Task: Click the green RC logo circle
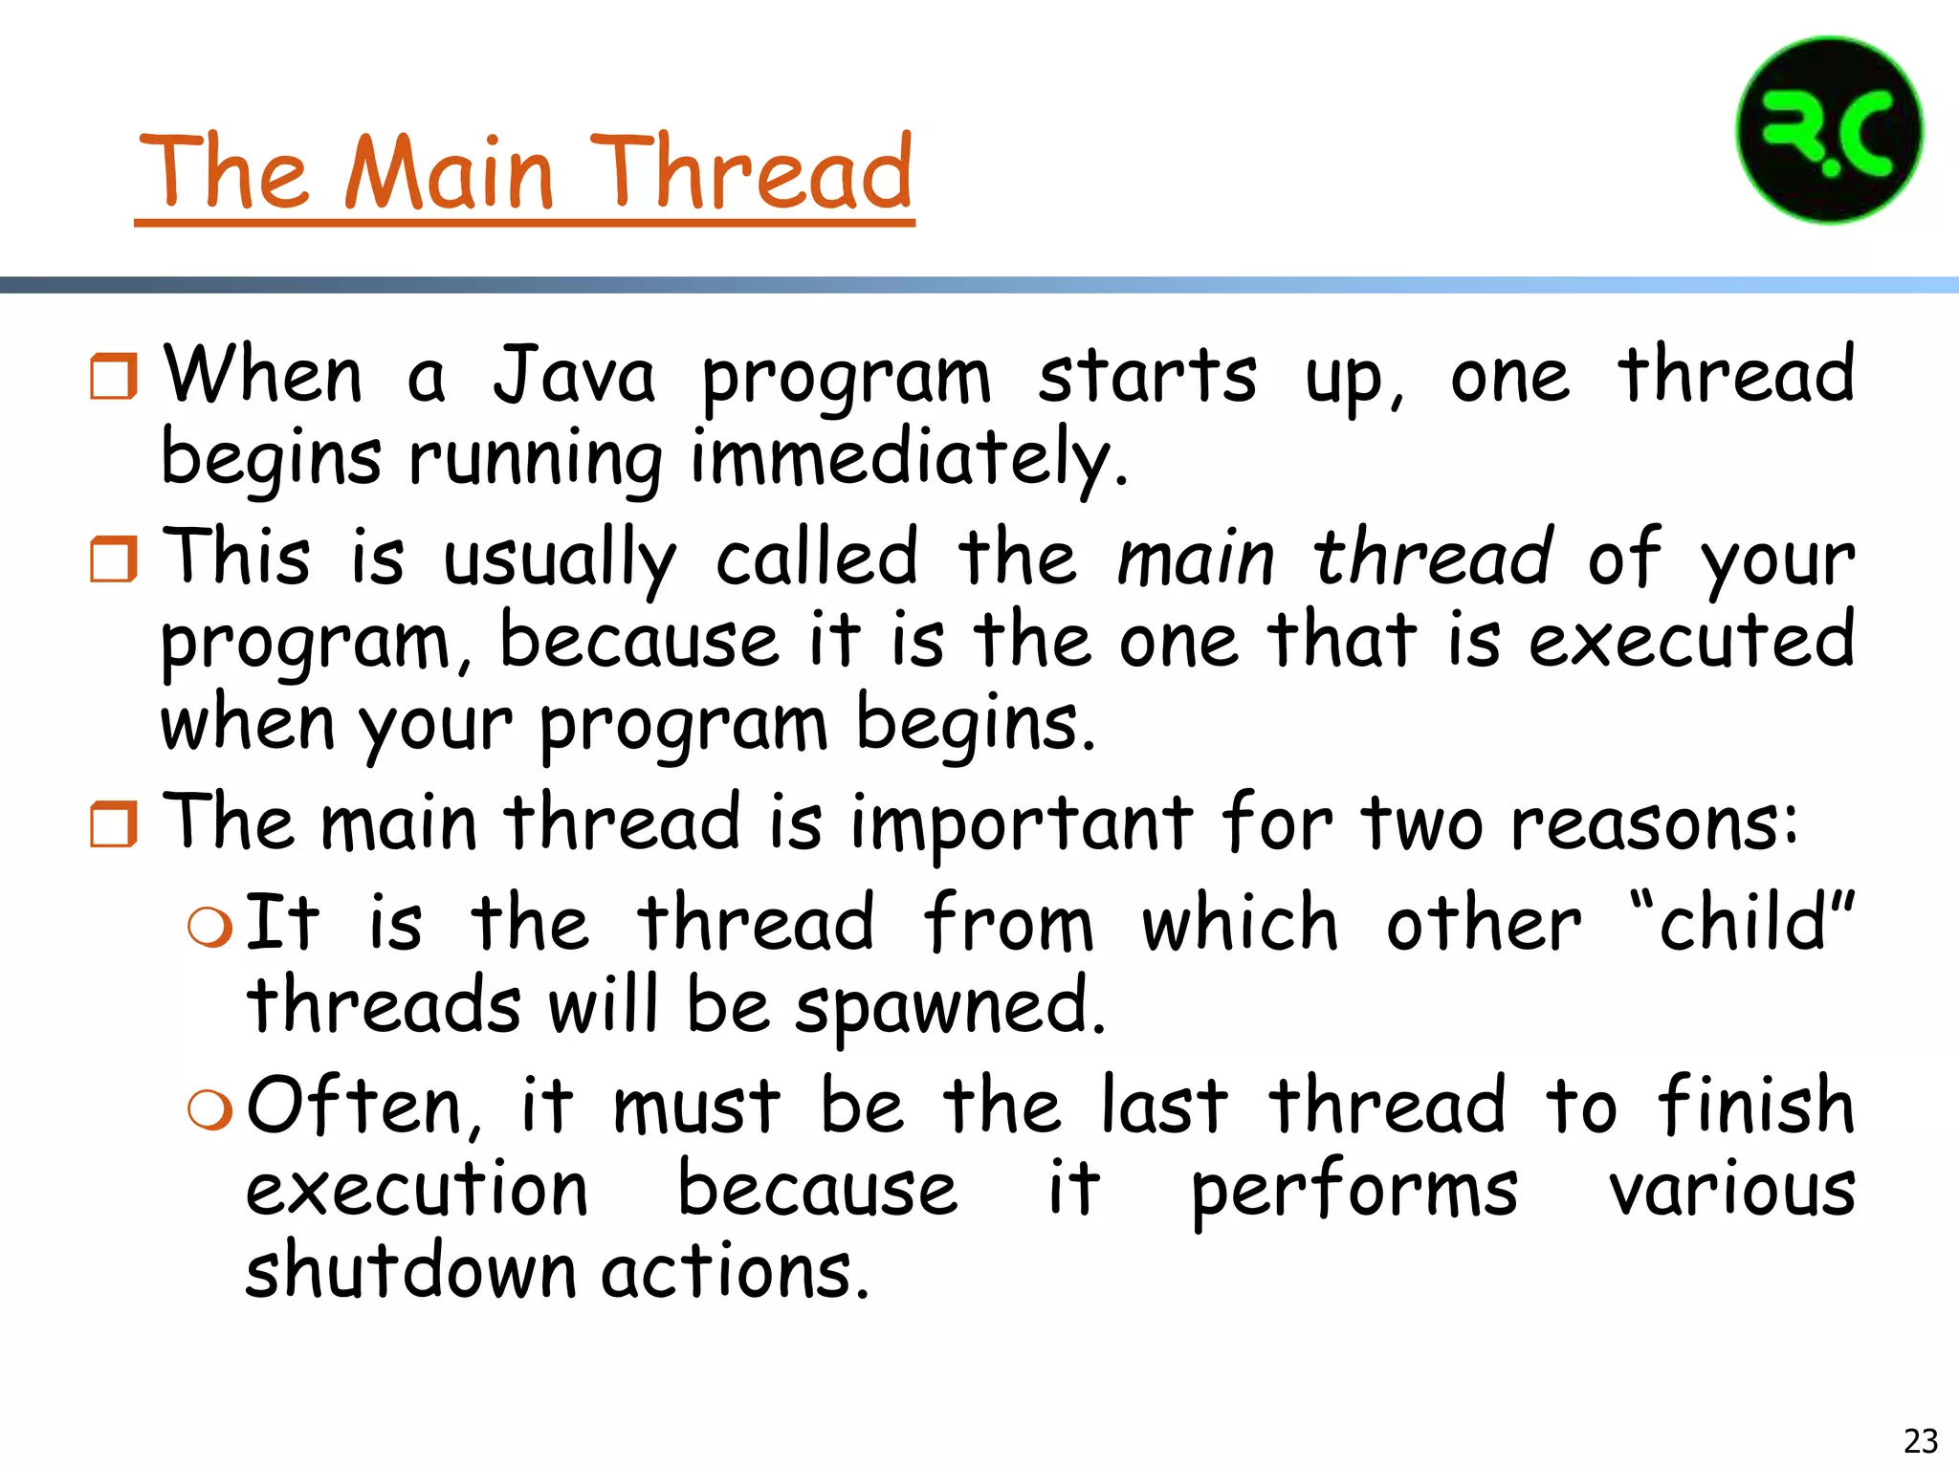(1828, 131)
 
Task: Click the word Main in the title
(449, 173)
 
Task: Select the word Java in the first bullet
(574, 375)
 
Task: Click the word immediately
(909, 459)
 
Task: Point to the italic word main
(1196, 559)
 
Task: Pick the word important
(1022, 824)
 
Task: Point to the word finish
(1756, 1107)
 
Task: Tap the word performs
(1354, 1192)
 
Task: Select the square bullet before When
(114, 376)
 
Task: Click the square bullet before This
(114, 559)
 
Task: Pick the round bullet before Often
(210, 1110)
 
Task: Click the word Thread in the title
(751, 173)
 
